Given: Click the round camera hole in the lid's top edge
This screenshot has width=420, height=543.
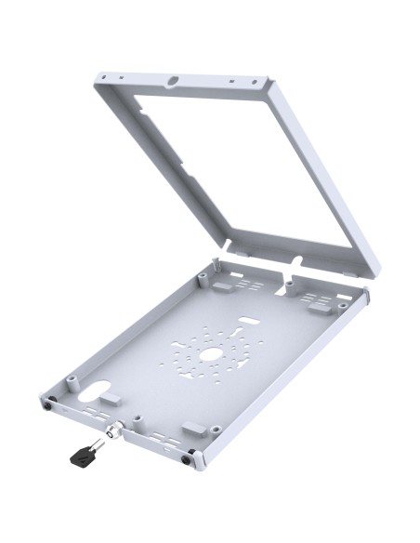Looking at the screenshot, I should tap(173, 82).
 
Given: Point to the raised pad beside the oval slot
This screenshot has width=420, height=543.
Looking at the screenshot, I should tap(109, 397).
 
